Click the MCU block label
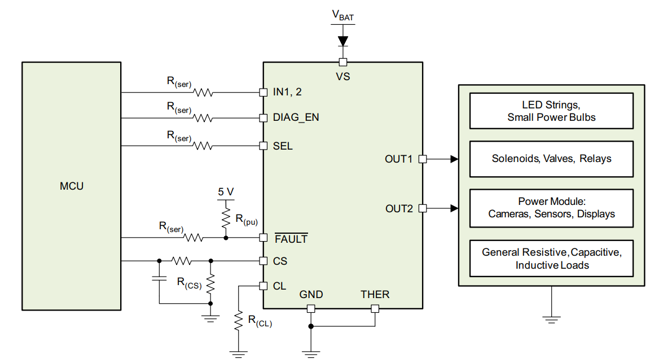tap(72, 186)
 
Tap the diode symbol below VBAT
tap(343, 41)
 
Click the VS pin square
tap(343, 62)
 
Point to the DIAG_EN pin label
tap(296, 117)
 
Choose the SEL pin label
tap(283, 146)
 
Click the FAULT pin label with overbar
tap(291, 239)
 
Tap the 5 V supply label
tap(226, 192)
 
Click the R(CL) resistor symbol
tap(239, 320)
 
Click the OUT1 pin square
tap(423, 159)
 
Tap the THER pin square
tap(375, 309)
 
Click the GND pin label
tap(311, 295)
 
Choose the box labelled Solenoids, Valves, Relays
tap(551, 159)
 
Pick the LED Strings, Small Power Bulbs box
tap(551, 111)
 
